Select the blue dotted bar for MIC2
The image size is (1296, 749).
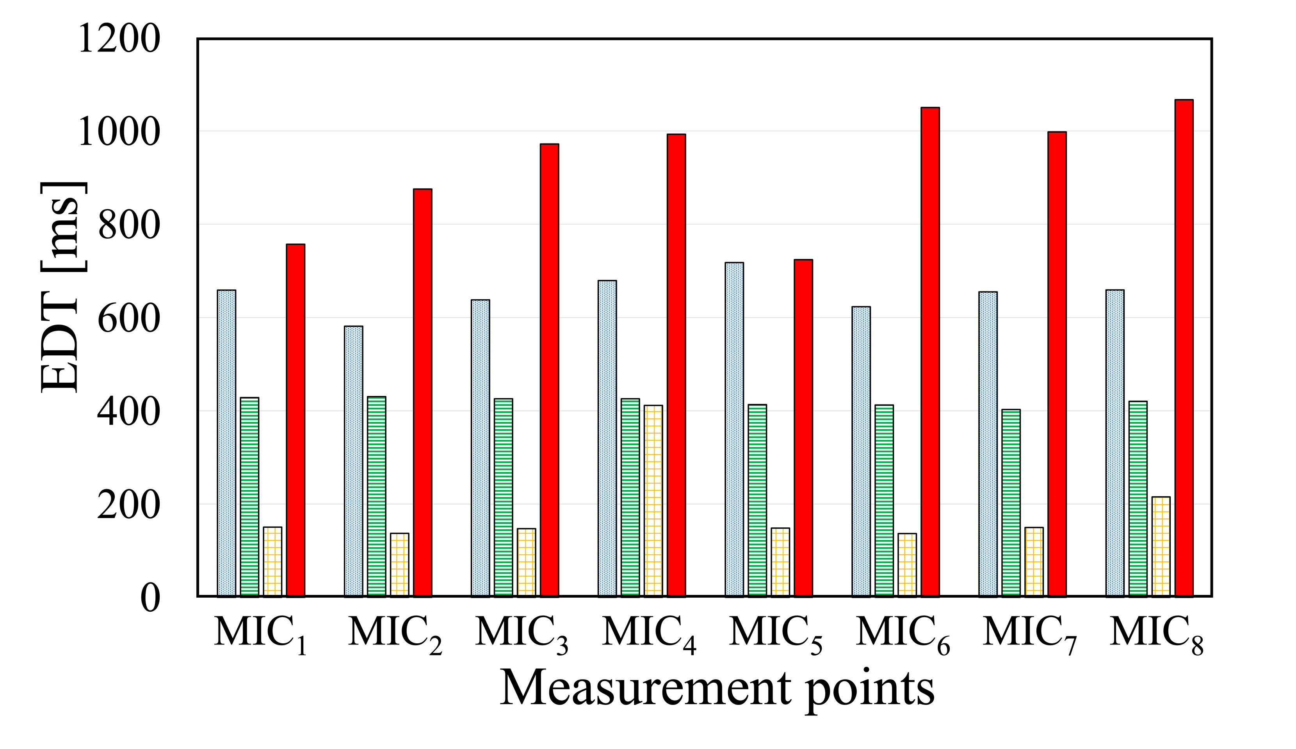[x=353, y=461]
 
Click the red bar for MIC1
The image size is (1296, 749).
[x=296, y=420]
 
